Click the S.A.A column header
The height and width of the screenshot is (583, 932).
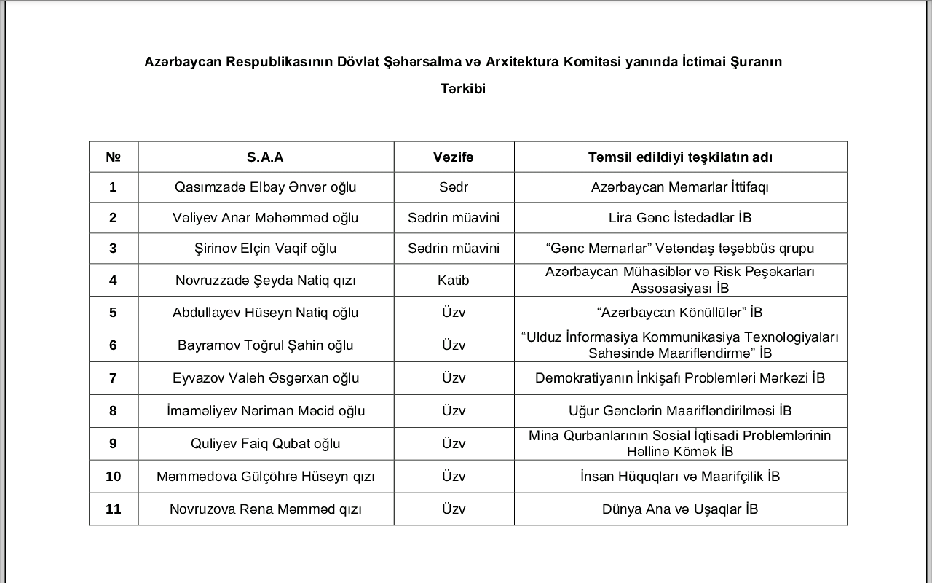point(265,157)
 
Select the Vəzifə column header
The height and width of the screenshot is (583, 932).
point(454,157)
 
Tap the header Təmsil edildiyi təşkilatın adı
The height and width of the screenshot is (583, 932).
point(680,157)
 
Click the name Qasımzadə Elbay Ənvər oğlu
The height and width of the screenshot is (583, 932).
point(265,187)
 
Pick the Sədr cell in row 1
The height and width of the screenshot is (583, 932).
point(454,187)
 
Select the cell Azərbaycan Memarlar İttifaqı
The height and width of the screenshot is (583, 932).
point(680,187)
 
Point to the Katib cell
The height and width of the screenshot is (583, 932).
point(454,281)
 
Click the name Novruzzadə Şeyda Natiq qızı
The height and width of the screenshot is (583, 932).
point(265,281)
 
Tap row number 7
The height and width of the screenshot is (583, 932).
point(113,378)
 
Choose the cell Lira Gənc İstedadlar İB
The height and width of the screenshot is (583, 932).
point(680,218)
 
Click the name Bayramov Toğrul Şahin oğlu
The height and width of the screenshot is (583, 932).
point(265,345)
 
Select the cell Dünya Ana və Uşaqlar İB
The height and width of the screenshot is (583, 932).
point(680,509)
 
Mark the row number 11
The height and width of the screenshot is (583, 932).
point(113,509)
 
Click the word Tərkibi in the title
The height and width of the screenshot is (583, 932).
point(463,89)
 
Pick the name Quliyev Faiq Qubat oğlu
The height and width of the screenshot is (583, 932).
point(265,444)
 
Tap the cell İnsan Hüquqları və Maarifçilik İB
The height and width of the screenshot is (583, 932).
point(680,477)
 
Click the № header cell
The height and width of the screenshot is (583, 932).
point(113,157)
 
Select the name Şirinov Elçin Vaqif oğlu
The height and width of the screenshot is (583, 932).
point(265,249)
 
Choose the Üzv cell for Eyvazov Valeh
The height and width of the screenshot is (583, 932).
point(454,378)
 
